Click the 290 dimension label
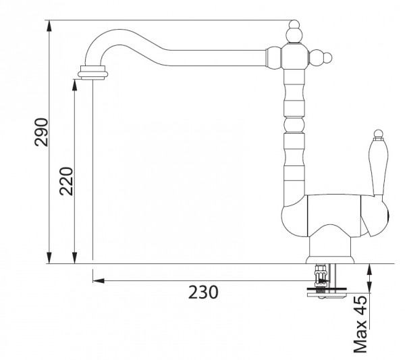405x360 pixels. click(x=42, y=132)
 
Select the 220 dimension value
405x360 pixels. click(x=66, y=182)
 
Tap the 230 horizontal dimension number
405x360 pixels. click(x=203, y=292)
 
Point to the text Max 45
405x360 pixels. click(x=360, y=324)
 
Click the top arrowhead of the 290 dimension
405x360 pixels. click(x=49, y=26)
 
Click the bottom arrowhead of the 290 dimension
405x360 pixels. click(x=49, y=258)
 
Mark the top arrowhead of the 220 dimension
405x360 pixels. click(x=75, y=85)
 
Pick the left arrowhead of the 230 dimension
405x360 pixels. click(x=99, y=281)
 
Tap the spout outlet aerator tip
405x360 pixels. click(x=92, y=73)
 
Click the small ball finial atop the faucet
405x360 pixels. click(x=294, y=24)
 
